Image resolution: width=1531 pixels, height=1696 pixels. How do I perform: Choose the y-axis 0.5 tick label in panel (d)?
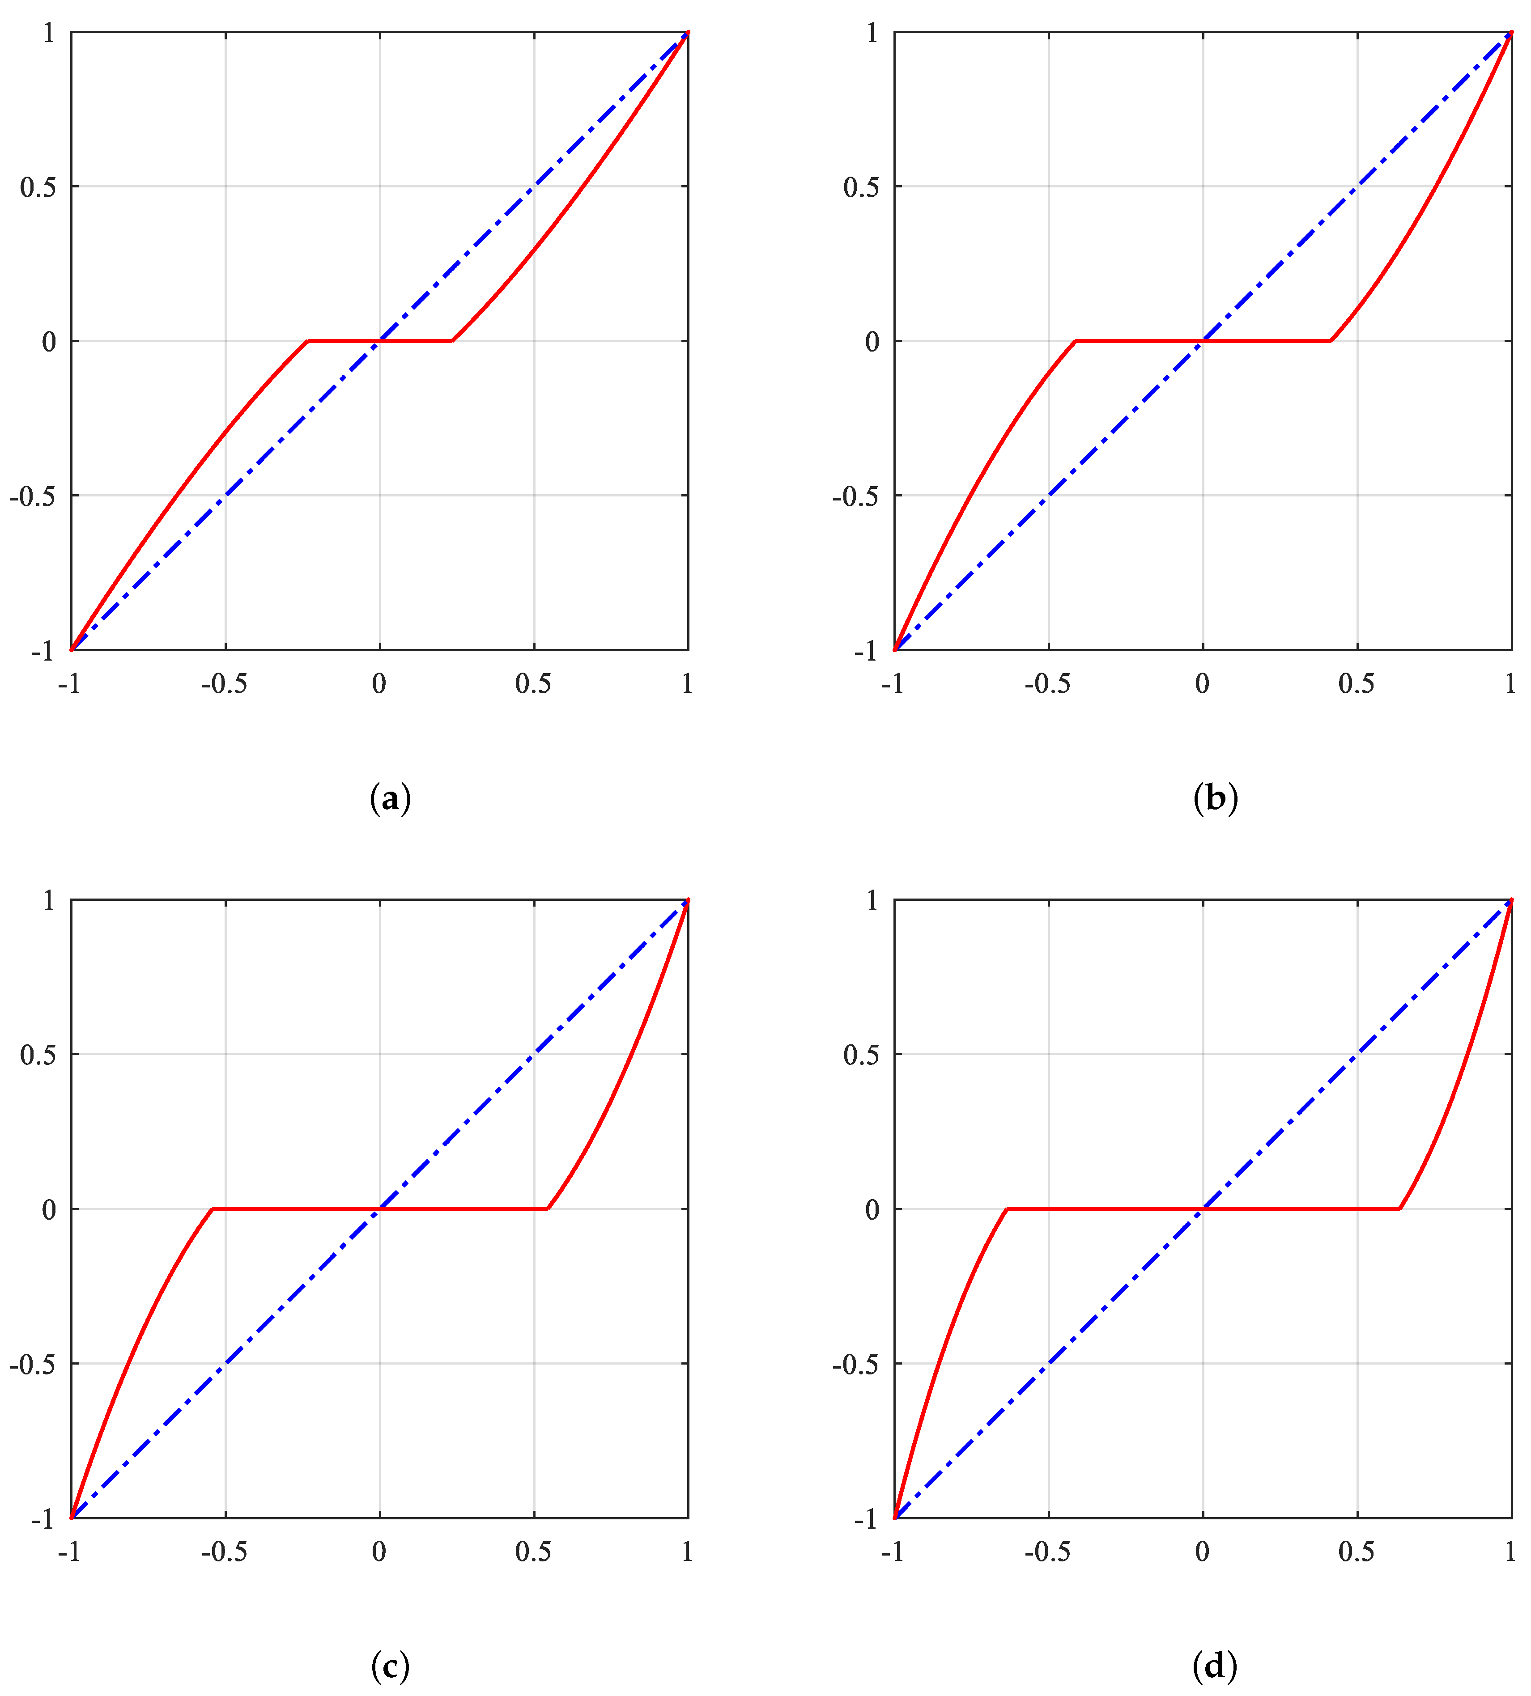[861, 1055]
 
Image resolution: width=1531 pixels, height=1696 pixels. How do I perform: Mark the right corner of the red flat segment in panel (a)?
[453, 341]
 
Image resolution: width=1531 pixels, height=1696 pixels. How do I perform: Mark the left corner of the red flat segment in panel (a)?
[309, 341]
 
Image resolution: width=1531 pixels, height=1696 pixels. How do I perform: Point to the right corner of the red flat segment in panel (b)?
[1330, 341]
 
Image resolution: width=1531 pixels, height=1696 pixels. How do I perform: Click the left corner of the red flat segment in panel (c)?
[213, 1209]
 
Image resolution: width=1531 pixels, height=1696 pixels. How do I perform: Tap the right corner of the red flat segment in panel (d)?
[1399, 1209]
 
